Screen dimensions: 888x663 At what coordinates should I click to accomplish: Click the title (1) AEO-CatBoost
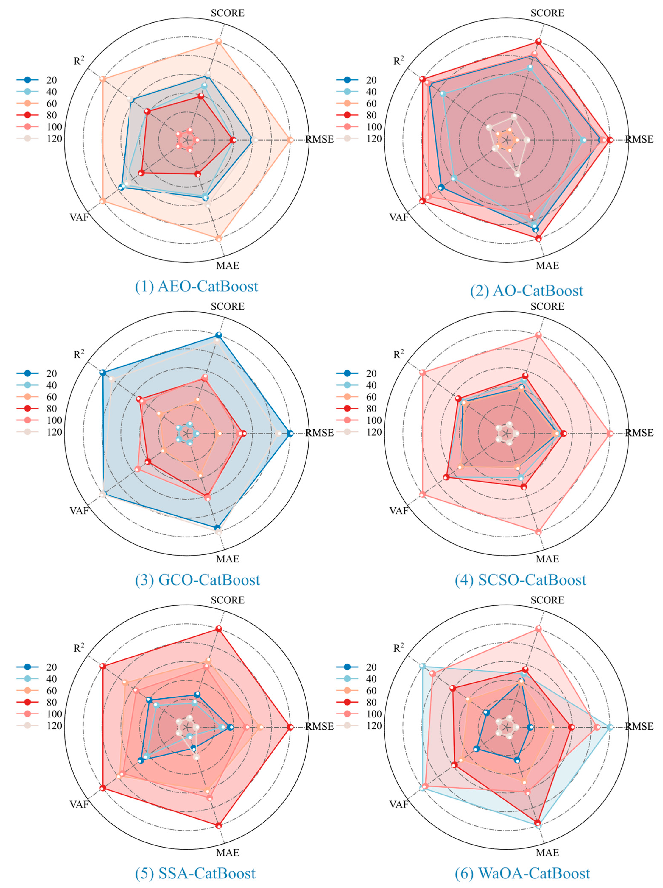196,286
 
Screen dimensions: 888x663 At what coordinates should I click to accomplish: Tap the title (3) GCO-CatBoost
197,580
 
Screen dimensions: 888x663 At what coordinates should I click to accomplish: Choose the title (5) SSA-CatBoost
195,873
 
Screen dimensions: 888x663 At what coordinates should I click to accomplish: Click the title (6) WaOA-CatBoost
522,873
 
